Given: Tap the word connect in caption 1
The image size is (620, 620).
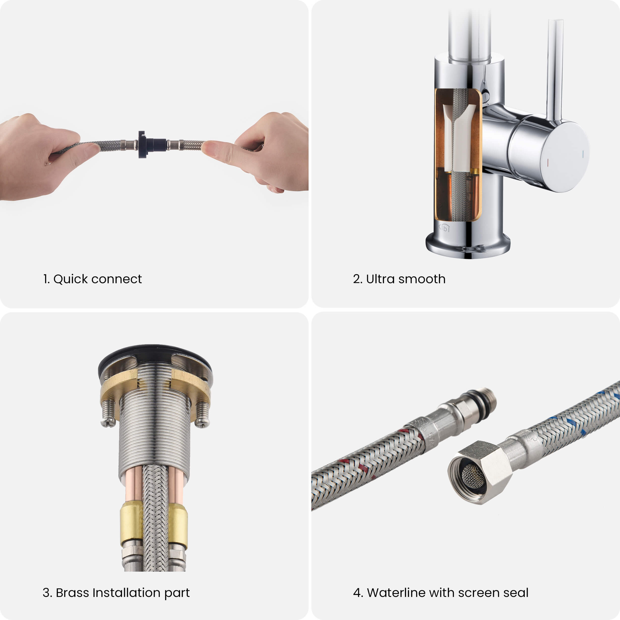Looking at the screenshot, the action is pyautogui.click(x=117, y=279).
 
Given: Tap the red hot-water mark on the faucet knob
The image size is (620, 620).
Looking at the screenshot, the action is pyautogui.click(x=548, y=163).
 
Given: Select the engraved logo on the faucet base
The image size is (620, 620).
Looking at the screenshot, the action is pyautogui.click(x=444, y=228).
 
